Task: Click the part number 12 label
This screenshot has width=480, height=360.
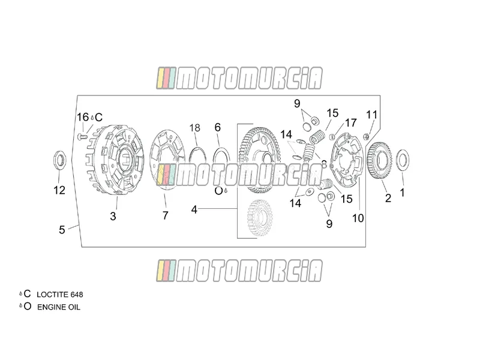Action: [59, 190]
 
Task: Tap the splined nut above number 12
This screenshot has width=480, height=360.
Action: [59, 160]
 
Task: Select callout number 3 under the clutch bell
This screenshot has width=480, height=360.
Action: [113, 216]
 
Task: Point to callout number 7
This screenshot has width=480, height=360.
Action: [166, 215]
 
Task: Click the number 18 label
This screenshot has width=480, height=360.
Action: [195, 128]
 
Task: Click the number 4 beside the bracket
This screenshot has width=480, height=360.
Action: [194, 209]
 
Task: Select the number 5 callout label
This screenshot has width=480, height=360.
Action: [62, 230]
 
